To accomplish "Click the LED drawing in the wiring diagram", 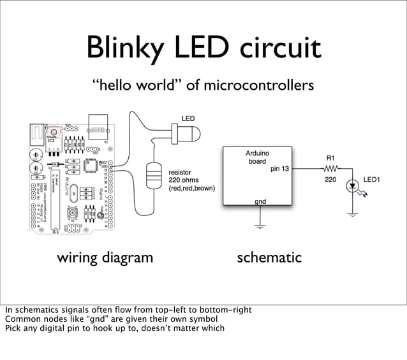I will (187, 133).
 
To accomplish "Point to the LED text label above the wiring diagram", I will (188, 119).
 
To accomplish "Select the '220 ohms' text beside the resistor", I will (184, 180).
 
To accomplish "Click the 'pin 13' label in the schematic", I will (279, 169).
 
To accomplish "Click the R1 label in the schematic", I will (330, 157).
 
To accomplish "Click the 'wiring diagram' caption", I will (105, 258).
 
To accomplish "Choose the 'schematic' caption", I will (269, 258).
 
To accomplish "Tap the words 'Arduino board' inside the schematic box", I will (258, 157).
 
